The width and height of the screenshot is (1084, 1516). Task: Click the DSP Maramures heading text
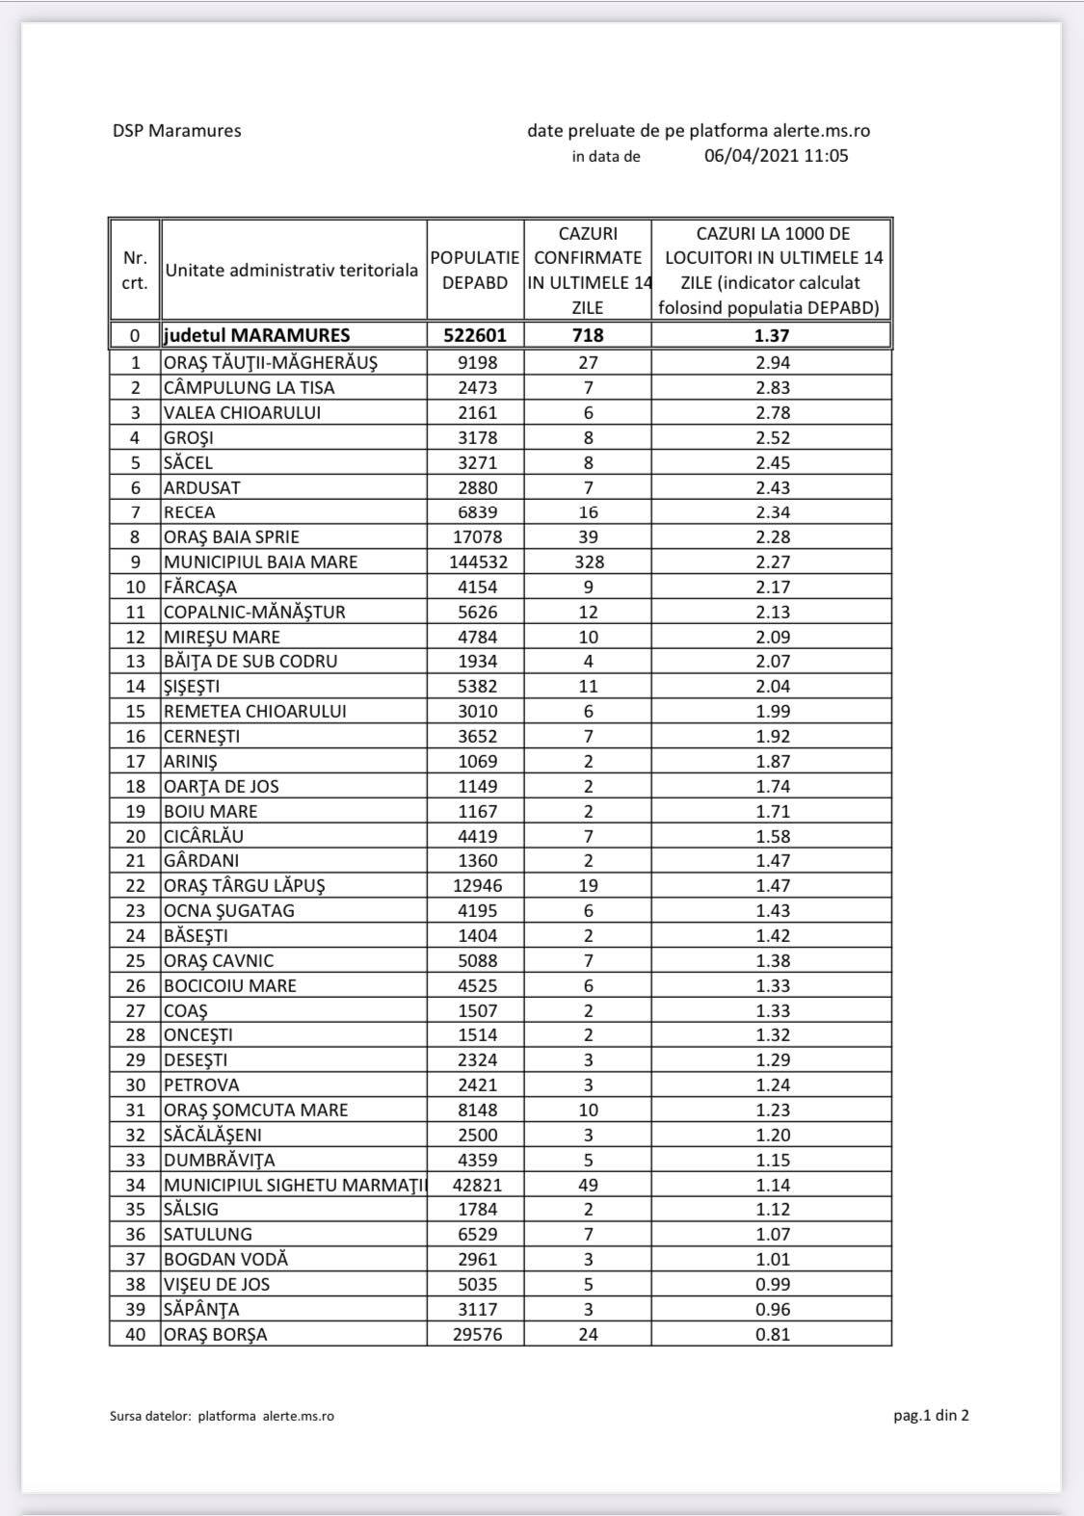[176, 131]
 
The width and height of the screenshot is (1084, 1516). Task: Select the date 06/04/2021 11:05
[776, 156]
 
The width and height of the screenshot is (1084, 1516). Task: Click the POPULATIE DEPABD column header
[475, 271]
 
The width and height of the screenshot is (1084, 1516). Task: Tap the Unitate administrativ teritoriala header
[291, 271]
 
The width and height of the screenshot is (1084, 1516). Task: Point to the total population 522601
[475, 335]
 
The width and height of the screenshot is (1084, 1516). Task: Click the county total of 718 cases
[588, 335]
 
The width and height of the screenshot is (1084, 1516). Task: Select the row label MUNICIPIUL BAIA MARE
[260, 562]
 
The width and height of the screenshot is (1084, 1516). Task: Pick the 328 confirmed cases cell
[588, 562]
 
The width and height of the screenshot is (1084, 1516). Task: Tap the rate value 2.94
[773, 362]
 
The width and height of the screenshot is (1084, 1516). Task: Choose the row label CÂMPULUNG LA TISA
[249, 387]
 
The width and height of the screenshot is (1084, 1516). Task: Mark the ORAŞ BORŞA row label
[215, 1334]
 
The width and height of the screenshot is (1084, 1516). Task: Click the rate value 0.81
[773, 1334]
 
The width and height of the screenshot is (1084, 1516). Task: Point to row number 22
[136, 885]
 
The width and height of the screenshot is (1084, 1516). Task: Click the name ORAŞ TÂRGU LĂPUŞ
[251, 885]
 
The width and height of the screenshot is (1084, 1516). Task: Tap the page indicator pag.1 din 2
[931, 1415]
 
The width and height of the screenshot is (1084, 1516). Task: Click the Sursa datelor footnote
[222, 1416]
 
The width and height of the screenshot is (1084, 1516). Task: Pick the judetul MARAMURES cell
[256, 335]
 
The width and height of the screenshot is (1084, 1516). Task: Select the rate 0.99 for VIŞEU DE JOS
[773, 1284]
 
